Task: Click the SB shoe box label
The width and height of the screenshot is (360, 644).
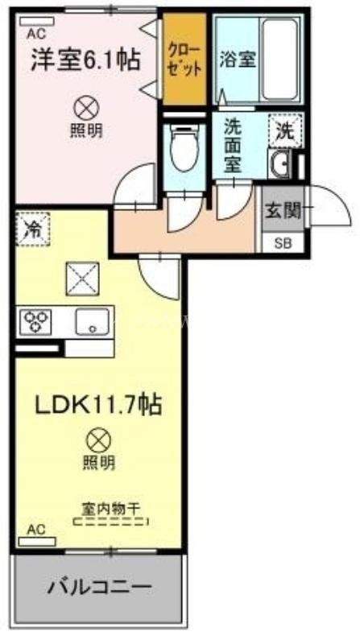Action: click(x=283, y=243)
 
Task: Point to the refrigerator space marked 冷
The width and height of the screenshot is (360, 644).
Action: click(x=30, y=227)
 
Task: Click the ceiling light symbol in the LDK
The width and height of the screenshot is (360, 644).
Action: click(x=97, y=440)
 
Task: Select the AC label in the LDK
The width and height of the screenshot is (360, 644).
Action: click(x=35, y=529)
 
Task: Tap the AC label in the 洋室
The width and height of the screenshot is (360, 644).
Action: click(x=35, y=33)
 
